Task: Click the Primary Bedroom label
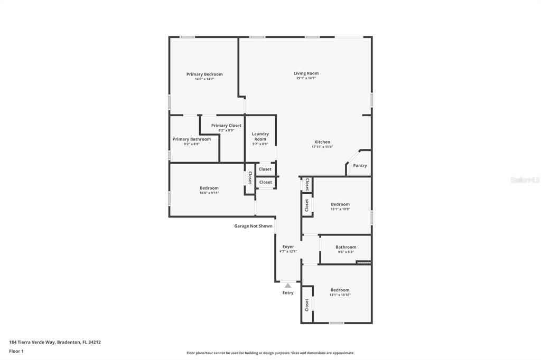(x=204, y=74)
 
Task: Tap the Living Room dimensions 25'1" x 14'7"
(x=306, y=78)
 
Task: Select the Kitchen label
(x=322, y=141)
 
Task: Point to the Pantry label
(x=360, y=166)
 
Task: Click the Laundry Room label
(x=260, y=136)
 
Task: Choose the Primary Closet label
(x=226, y=126)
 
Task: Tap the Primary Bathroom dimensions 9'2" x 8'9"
(x=191, y=144)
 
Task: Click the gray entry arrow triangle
(x=288, y=286)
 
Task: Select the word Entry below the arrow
(x=288, y=293)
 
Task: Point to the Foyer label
(x=288, y=247)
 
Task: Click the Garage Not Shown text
(x=253, y=226)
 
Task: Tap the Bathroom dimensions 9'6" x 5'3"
(x=346, y=252)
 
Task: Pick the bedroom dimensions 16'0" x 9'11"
(x=209, y=193)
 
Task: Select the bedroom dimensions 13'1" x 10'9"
(x=340, y=209)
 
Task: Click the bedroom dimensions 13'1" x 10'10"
(x=340, y=295)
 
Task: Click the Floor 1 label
(x=16, y=352)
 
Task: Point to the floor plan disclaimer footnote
(x=270, y=353)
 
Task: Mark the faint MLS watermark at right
(x=525, y=180)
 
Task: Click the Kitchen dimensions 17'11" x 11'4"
(x=322, y=147)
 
